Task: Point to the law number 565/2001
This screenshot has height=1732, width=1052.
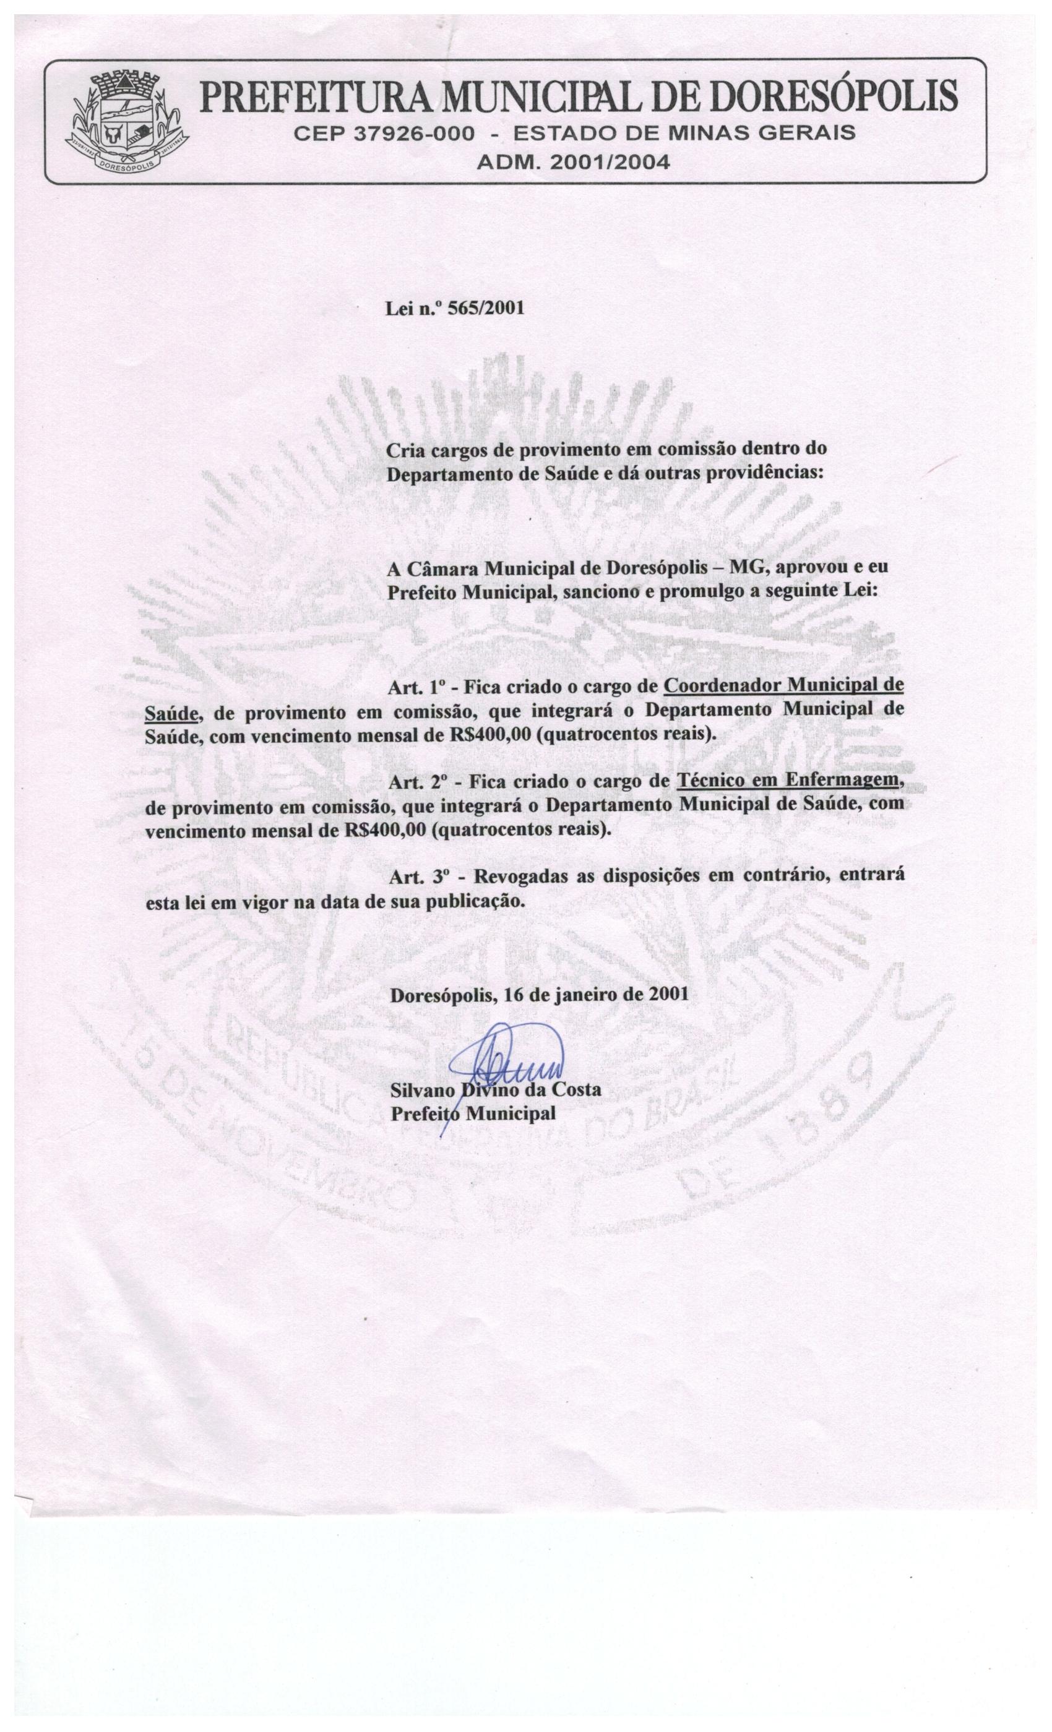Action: tap(491, 309)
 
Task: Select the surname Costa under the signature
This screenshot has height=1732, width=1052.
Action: tap(577, 1090)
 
